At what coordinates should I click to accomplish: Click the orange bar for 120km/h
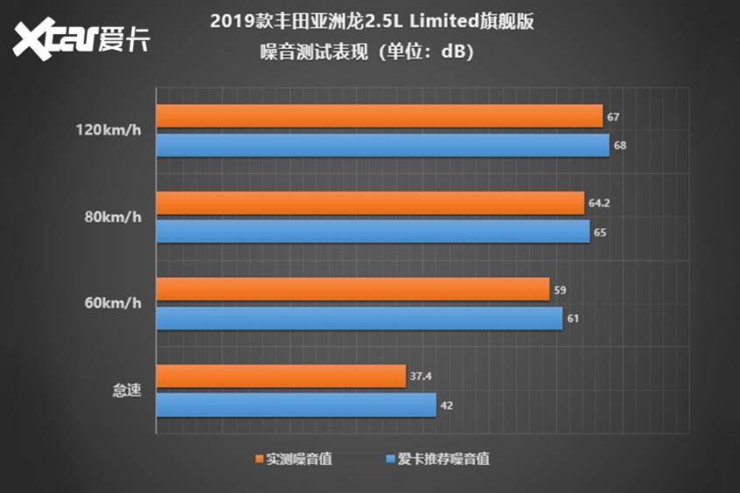point(380,116)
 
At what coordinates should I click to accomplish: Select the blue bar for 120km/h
point(383,145)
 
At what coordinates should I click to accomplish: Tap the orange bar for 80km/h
point(370,203)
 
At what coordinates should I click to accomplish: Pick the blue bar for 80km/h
point(373,232)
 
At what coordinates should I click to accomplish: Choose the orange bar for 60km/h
point(353,289)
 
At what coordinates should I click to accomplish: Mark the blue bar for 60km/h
point(360,318)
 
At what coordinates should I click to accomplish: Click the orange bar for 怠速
point(281,377)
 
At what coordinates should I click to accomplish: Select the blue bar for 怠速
point(297,406)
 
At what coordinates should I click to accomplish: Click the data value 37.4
point(420,377)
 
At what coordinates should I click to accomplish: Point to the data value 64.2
point(598,204)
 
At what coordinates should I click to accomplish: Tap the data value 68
point(619,145)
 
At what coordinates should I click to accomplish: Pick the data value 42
point(446,406)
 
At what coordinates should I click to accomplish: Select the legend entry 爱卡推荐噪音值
point(443,459)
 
